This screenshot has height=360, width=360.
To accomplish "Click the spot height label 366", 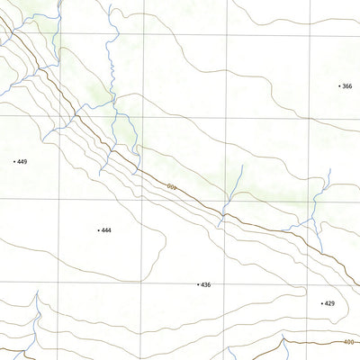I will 347,86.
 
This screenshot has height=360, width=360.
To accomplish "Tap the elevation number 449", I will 22,162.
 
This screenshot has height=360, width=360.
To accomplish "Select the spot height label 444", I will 106,230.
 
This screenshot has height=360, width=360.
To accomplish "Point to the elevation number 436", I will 205,284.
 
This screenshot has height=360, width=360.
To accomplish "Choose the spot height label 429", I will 329,304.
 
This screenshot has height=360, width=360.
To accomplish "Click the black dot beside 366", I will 339,86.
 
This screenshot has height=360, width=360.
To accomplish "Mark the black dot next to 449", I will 14,162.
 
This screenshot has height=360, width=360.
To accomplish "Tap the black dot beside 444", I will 98,230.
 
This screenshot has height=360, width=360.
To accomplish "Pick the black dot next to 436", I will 197,284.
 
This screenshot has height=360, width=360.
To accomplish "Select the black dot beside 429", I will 321,304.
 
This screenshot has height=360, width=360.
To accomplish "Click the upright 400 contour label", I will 349,341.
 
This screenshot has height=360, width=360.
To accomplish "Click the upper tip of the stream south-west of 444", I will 37,294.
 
